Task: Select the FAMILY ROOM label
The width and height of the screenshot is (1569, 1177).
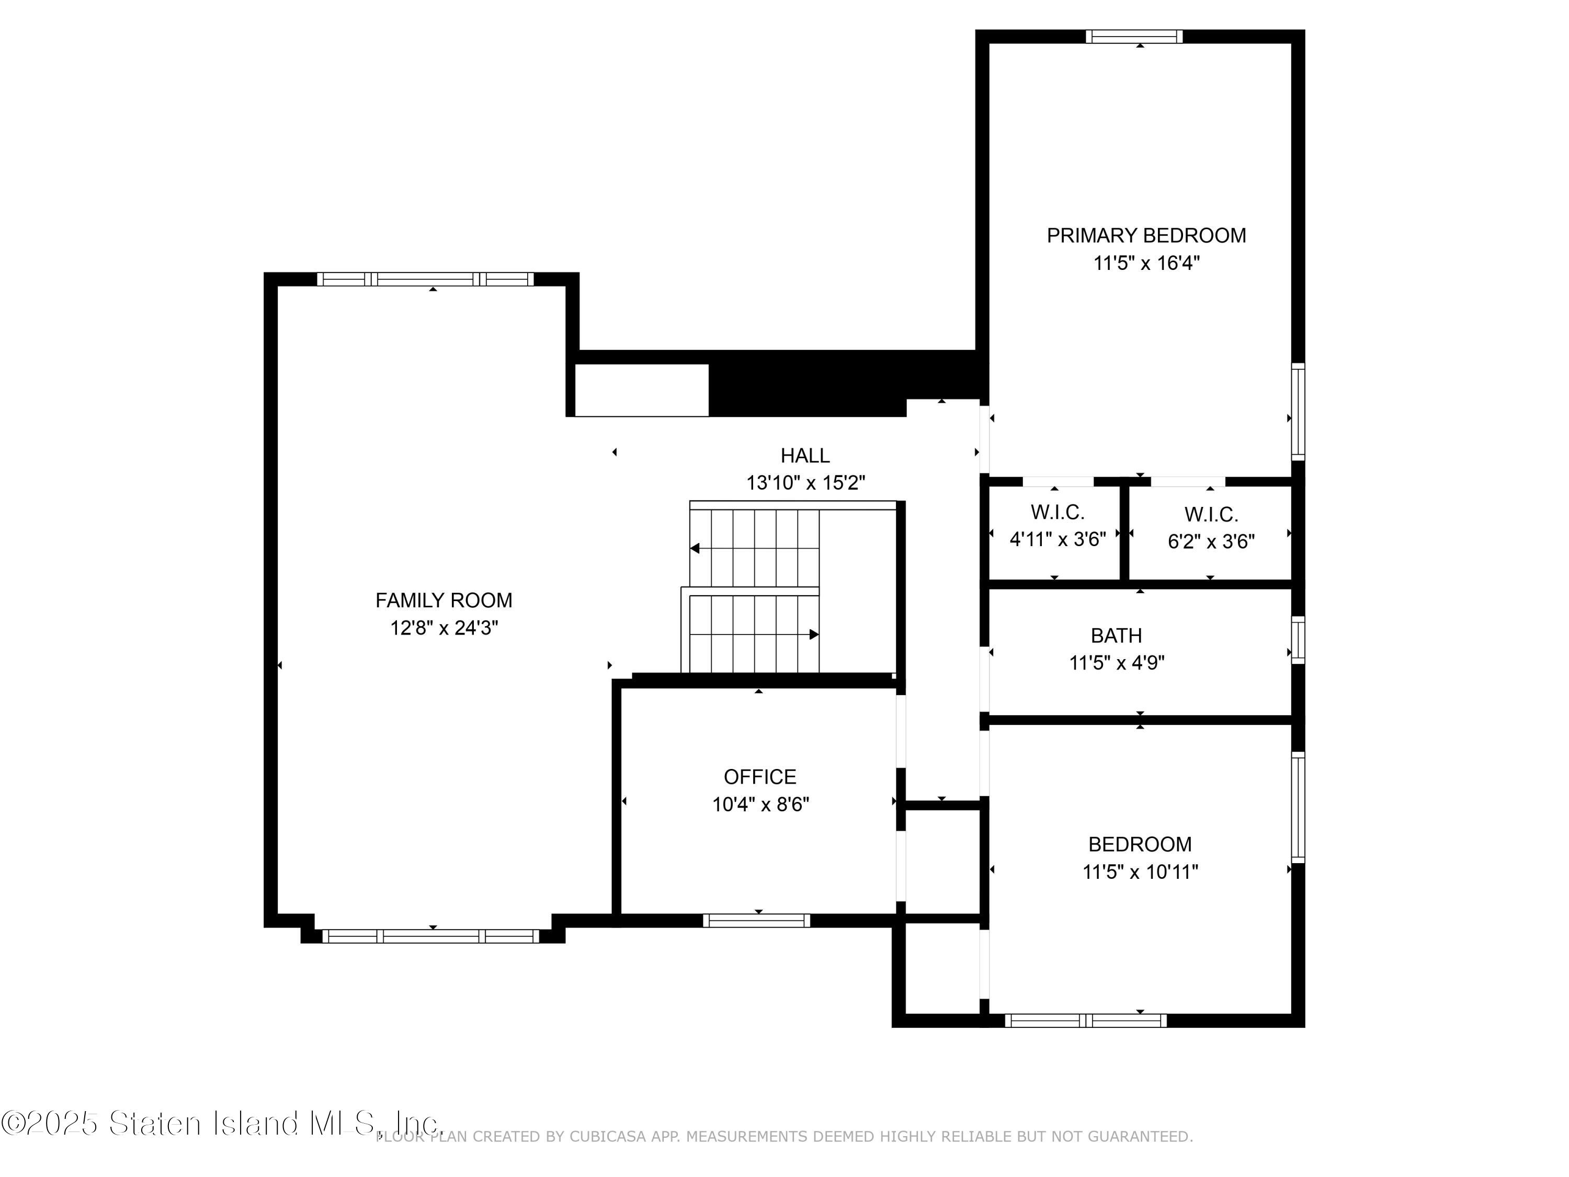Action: (x=444, y=601)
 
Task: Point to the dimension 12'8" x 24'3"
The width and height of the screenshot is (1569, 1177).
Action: (x=444, y=628)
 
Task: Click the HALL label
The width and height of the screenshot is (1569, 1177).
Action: (x=804, y=456)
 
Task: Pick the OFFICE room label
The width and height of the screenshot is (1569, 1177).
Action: (x=760, y=777)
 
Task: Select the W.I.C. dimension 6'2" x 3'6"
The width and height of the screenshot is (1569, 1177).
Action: (x=1211, y=542)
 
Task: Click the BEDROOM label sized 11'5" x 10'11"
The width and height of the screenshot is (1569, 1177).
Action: (x=1139, y=844)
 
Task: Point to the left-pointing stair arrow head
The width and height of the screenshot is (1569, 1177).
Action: (x=695, y=548)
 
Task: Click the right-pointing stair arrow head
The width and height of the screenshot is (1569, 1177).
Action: (x=814, y=634)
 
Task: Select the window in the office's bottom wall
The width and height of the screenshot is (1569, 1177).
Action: (x=756, y=921)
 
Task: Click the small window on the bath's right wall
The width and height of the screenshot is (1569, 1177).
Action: (x=1298, y=640)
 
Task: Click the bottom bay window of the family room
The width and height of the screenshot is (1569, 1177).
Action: (x=430, y=936)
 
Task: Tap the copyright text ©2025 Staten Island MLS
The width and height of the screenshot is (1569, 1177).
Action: (x=221, y=1123)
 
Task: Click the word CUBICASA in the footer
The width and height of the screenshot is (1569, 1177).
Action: (x=608, y=1137)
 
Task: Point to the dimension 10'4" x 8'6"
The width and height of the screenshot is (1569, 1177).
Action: (x=760, y=805)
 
